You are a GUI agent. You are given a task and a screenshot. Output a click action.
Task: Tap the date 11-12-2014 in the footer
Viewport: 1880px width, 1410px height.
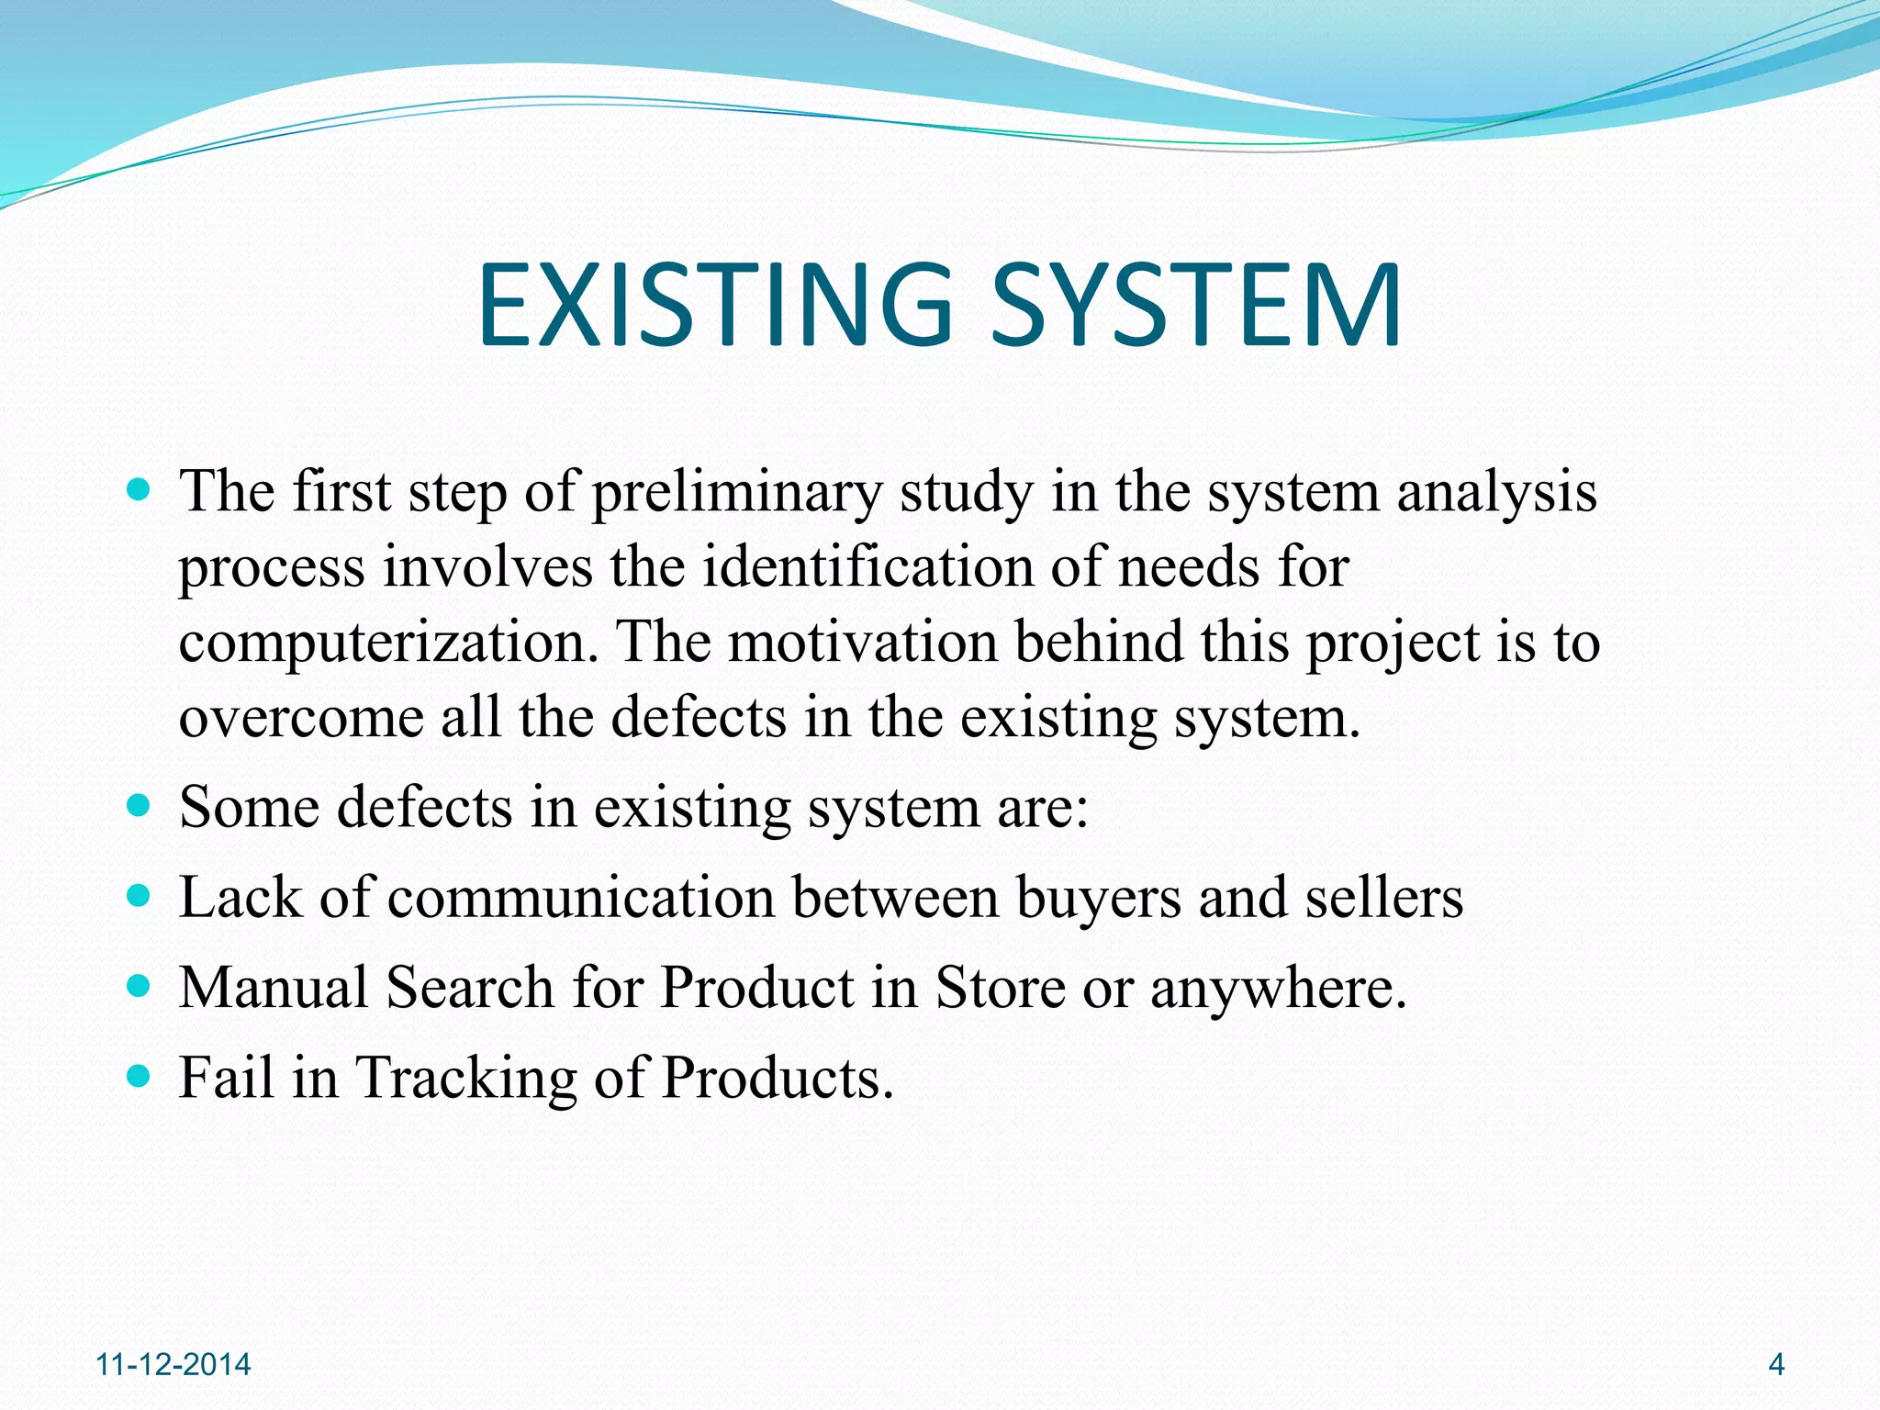(x=173, y=1364)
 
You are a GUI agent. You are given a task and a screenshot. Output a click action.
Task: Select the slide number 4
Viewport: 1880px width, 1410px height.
(x=1775, y=1364)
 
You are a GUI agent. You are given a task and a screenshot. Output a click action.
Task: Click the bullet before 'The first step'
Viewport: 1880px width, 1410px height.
(x=139, y=491)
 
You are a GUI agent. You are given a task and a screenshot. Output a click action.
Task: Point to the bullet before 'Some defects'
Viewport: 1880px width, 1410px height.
(x=139, y=807)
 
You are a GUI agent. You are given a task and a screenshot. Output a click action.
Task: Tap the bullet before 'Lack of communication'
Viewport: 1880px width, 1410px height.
(x=139, y=897)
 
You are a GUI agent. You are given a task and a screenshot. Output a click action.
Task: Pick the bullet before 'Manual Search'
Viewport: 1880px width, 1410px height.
(x=139, y=987)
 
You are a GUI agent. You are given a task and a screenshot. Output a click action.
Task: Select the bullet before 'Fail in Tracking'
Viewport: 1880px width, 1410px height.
(x=139, y=1076)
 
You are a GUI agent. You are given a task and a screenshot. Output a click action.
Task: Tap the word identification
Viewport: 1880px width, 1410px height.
(x=867, y=566)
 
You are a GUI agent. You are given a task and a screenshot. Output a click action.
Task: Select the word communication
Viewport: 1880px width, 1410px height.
(x=581, y=897)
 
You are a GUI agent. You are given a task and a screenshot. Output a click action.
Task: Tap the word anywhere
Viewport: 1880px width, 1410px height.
(x=1278, y=989)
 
